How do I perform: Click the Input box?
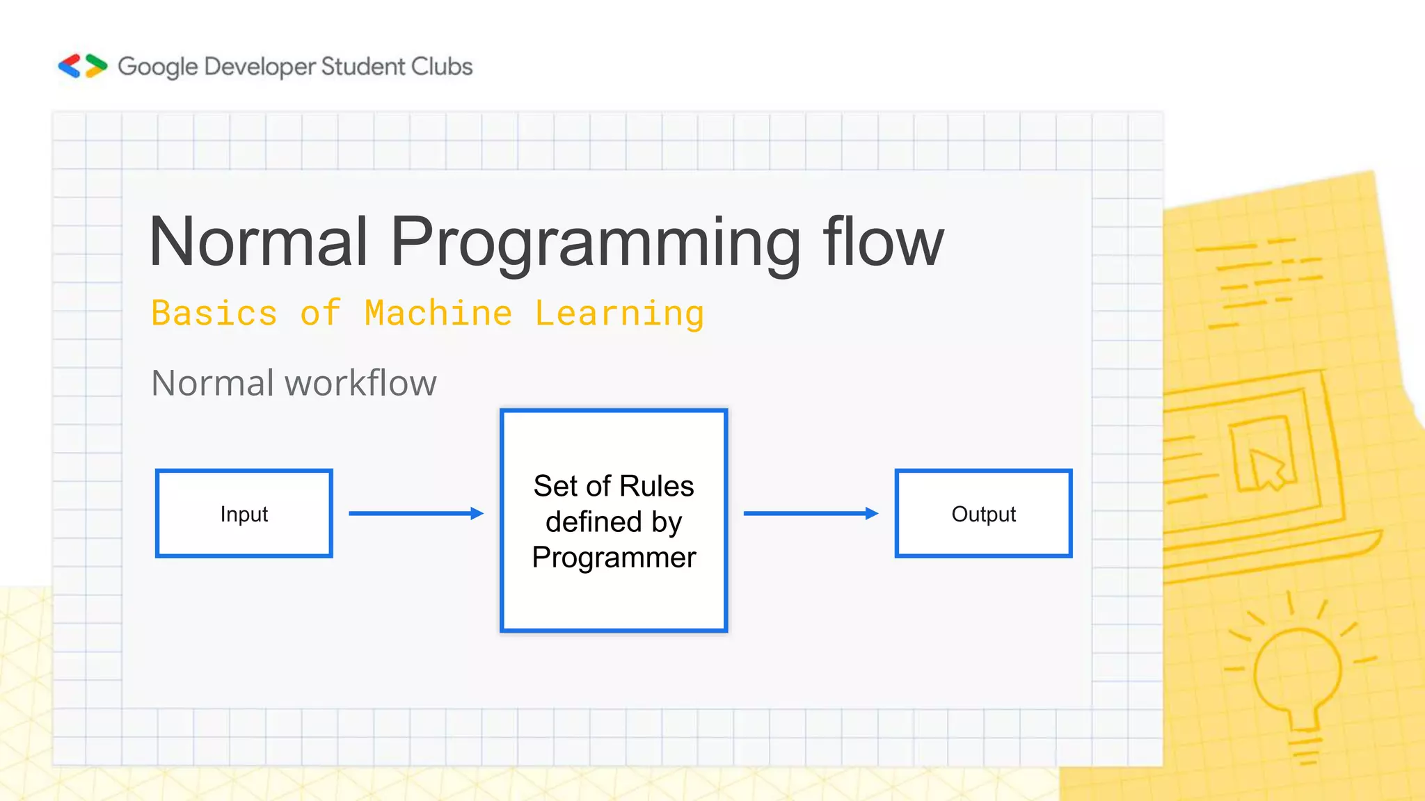244,514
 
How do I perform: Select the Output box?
983,514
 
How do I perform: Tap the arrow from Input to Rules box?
415,513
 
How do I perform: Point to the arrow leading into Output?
810,513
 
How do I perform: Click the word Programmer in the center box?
614,558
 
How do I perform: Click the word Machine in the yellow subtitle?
438,313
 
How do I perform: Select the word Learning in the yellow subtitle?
619,314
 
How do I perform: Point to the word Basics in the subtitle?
214,313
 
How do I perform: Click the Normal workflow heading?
294,383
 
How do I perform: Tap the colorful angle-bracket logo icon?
82,66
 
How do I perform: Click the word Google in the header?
158,67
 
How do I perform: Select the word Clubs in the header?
441,66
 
